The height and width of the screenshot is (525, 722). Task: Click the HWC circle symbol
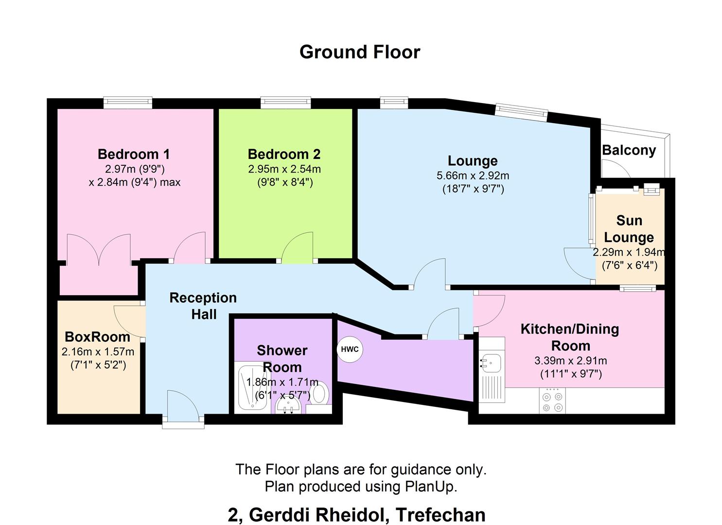tap(350, 350)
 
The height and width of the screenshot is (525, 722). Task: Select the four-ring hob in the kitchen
tap(552, 401)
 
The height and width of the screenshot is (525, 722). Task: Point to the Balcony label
tap(629, 150)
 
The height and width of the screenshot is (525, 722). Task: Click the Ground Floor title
tap(360, 52)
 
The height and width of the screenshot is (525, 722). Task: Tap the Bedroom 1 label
tap(134, 154)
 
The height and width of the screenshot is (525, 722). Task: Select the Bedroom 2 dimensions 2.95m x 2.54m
tap(284, 169)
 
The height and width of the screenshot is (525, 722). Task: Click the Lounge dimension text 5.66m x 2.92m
tap(473, 175)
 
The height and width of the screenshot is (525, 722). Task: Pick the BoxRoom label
tap(97, 336)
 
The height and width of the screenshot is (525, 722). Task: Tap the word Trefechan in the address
tap(440, 514)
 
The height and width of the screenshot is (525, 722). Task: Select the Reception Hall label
tap(203, 306)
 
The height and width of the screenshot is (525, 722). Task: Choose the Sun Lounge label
tap(629, 229)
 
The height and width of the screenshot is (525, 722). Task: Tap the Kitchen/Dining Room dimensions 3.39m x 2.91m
tap(570, 361)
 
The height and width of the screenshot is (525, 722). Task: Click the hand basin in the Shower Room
tap(290, 405)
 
